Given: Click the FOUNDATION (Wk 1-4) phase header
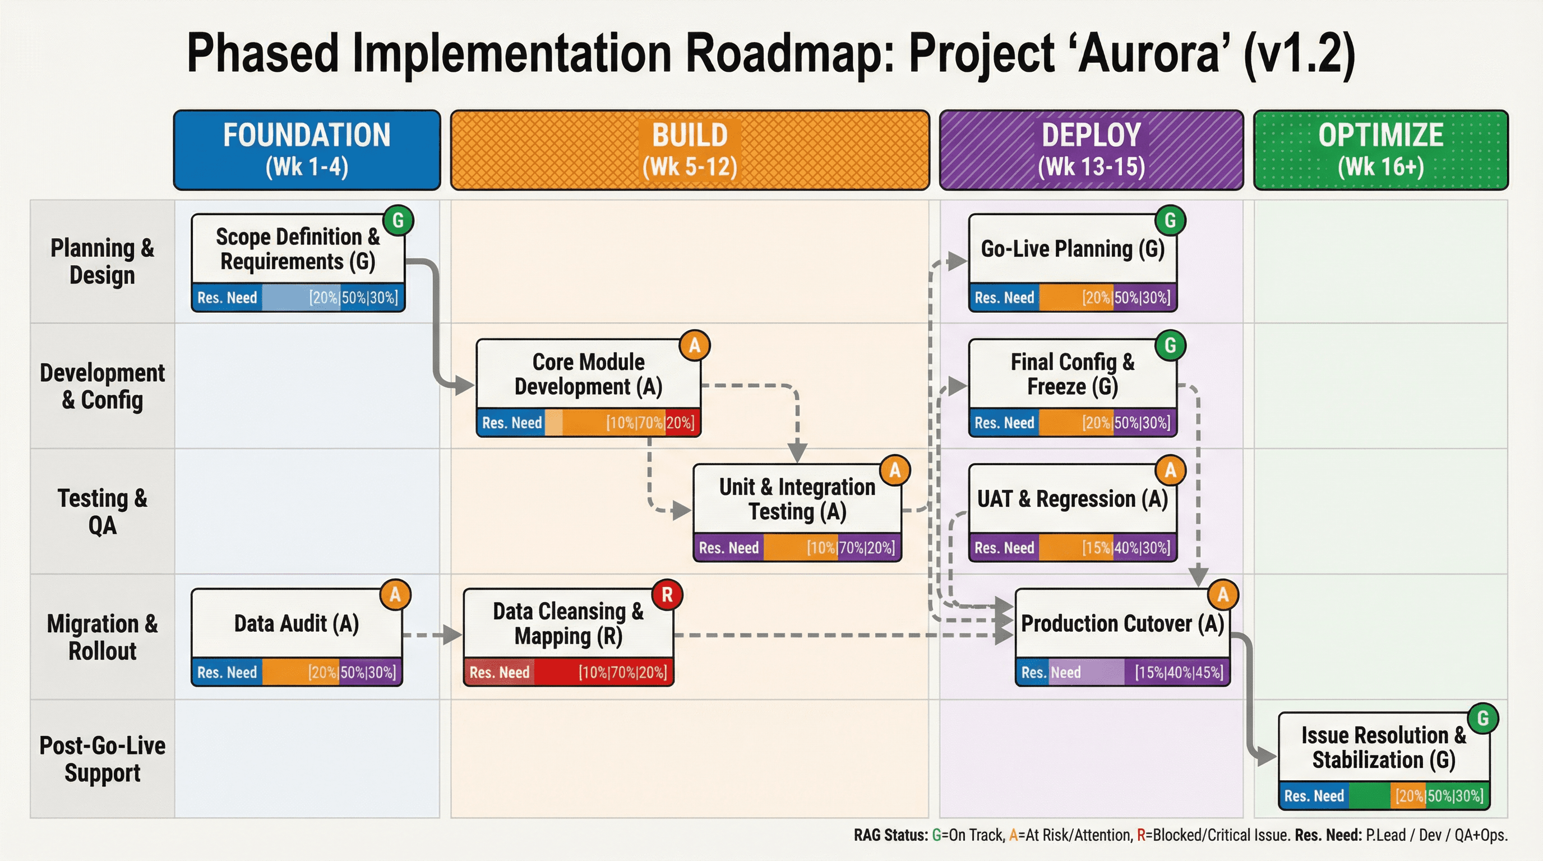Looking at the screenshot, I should [x=307, y=150].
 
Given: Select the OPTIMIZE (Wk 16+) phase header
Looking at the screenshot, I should [x=1380, y=150].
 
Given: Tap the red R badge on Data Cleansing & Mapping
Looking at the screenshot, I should [x=667, y=595].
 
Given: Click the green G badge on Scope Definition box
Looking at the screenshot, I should [x=398, y=220].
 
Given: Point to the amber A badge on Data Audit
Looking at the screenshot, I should [x=395, y=595].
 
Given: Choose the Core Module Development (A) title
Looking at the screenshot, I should [x=588, y=374].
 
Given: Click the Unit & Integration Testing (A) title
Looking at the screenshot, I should [x=797, y=499].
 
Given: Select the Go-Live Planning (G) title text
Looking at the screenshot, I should [x=1072, y=248].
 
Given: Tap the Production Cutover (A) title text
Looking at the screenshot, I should [x=1122, y=623].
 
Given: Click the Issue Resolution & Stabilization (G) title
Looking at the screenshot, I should [x=1383, y=747].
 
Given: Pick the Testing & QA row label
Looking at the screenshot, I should [x=103, y=511].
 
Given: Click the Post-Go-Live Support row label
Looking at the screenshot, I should [x=103, y=758].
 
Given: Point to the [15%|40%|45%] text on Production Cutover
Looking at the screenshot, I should [x=1179, y=673].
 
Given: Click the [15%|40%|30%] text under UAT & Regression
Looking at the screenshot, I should [x=1125, y=548].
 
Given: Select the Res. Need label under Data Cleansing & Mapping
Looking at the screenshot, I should [x=499, y=673].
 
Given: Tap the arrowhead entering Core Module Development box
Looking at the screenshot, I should [x=465, y=385].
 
